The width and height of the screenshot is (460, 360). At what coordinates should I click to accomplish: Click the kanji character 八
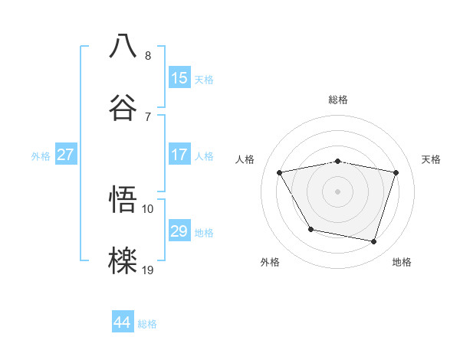point(123,45)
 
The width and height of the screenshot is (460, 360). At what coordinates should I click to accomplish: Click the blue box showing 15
point(179,78)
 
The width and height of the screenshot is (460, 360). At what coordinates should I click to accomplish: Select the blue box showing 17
point(179,155)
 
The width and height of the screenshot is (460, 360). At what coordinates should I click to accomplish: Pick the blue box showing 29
point(179,231)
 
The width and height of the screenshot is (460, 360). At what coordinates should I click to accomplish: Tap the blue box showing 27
point(65,155)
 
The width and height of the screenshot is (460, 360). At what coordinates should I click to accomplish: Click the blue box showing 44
point(123,322)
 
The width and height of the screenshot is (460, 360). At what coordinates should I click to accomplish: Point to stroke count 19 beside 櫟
point(148,269)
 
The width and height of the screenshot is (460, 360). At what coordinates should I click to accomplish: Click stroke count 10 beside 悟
point(148,208)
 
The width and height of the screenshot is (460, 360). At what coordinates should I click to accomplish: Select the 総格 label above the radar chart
point(338,100)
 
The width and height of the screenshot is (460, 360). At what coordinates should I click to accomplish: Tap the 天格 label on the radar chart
point(431,159)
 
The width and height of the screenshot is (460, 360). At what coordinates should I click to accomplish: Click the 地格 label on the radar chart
point(402,262)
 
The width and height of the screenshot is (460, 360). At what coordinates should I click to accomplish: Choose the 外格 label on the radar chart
point(270,262)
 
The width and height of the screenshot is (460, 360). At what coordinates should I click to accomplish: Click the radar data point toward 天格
point(396,172)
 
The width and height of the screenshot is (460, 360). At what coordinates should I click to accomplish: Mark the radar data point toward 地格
point(373,241)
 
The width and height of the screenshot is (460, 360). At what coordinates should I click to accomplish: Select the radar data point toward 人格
point(280,172)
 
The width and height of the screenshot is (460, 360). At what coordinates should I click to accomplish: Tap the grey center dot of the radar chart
point(338,191)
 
